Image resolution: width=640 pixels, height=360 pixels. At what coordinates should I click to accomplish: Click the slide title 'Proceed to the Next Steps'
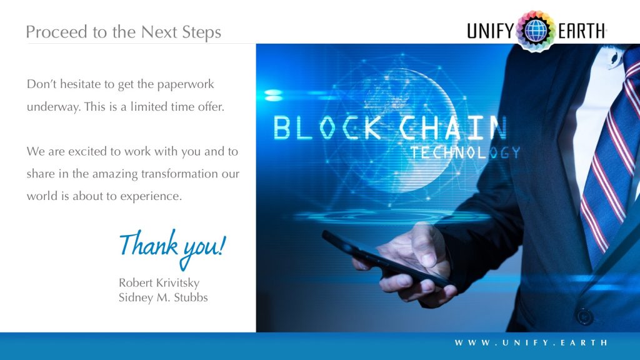[x=123, y=32]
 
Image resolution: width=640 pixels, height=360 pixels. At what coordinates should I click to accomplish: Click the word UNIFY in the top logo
[x=491, y=31]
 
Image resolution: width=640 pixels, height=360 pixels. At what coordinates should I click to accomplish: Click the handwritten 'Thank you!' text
[x=171, y=244]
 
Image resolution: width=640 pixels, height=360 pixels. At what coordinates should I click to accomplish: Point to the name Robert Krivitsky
[x=159, y=283]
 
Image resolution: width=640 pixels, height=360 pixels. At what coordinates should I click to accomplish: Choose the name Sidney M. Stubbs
[x=163, y=297]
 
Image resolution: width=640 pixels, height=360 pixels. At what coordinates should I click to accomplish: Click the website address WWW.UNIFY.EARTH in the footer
[x=531, y=342]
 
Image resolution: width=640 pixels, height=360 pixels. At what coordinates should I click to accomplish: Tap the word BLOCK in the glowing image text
[x=327, y=127]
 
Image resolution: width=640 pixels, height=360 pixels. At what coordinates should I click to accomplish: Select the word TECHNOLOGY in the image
[x=466, y=152]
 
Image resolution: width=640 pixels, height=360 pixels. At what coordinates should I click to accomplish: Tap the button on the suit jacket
[x=584, y=316]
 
